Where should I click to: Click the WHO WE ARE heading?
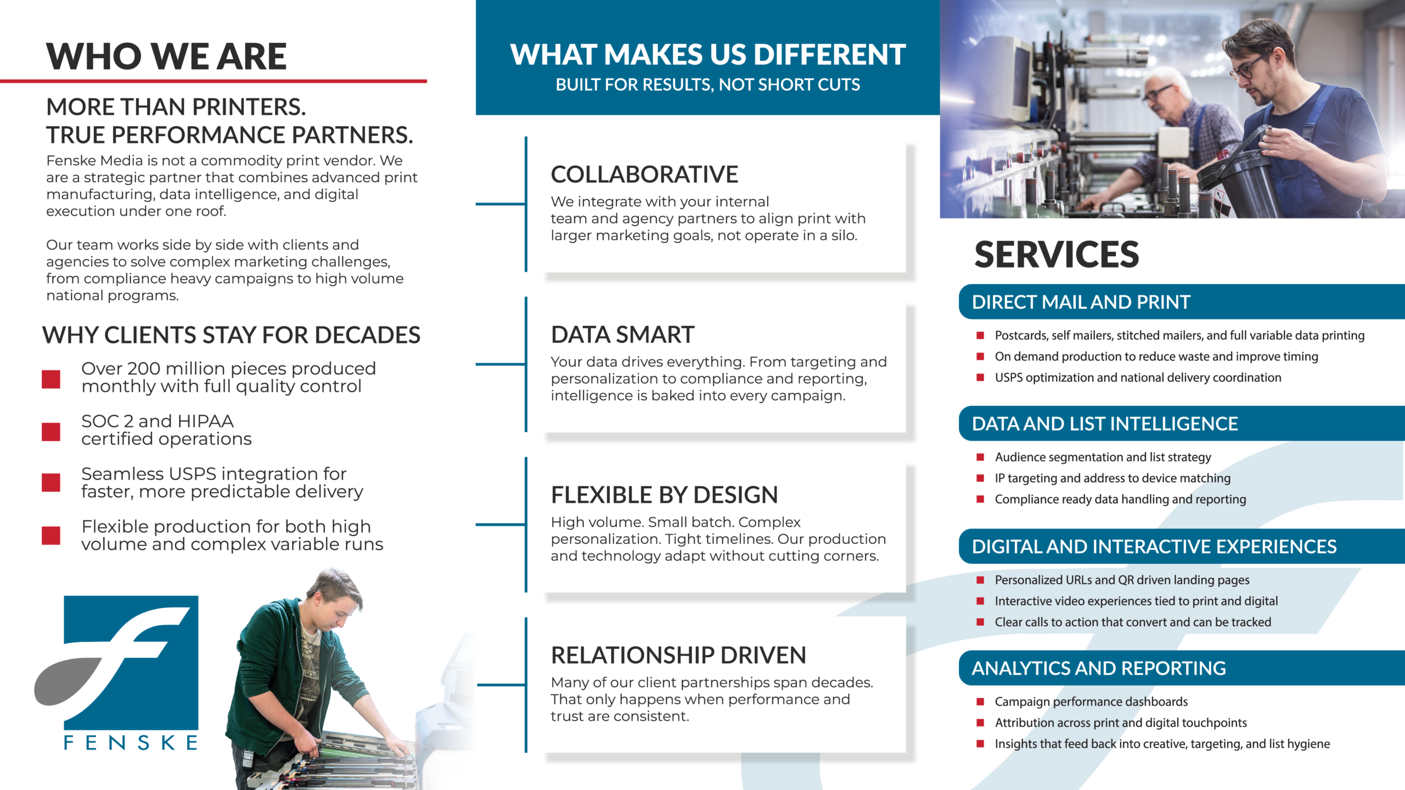click(x=166, y=57)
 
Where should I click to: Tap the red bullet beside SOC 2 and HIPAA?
click(x=51, y=431)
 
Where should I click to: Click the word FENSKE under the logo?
click(x=131, y=743)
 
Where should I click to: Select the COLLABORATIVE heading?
click(x=644, y=174)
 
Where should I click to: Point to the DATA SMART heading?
click(x=622, y=335)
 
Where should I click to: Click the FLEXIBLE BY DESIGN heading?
click(x=664, y=495)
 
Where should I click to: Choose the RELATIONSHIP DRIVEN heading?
click(x=678, y=655)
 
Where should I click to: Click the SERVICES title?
click(x=1056, y=255)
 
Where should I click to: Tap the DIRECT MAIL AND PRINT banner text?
click(x=1081, y=302)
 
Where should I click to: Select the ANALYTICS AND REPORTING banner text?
click(x=1099, y=668)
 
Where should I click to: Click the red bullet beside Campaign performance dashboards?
click(x=980, y=701)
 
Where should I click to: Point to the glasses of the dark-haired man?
click(x=1248, y=67)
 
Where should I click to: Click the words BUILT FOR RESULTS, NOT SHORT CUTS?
click(x=707, y=84)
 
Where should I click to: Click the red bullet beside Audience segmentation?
click(x=980, y=456)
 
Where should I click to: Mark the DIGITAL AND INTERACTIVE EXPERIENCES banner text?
click(x=1154, y=546)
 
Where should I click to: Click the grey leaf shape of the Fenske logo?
click(x=69, y=680)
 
